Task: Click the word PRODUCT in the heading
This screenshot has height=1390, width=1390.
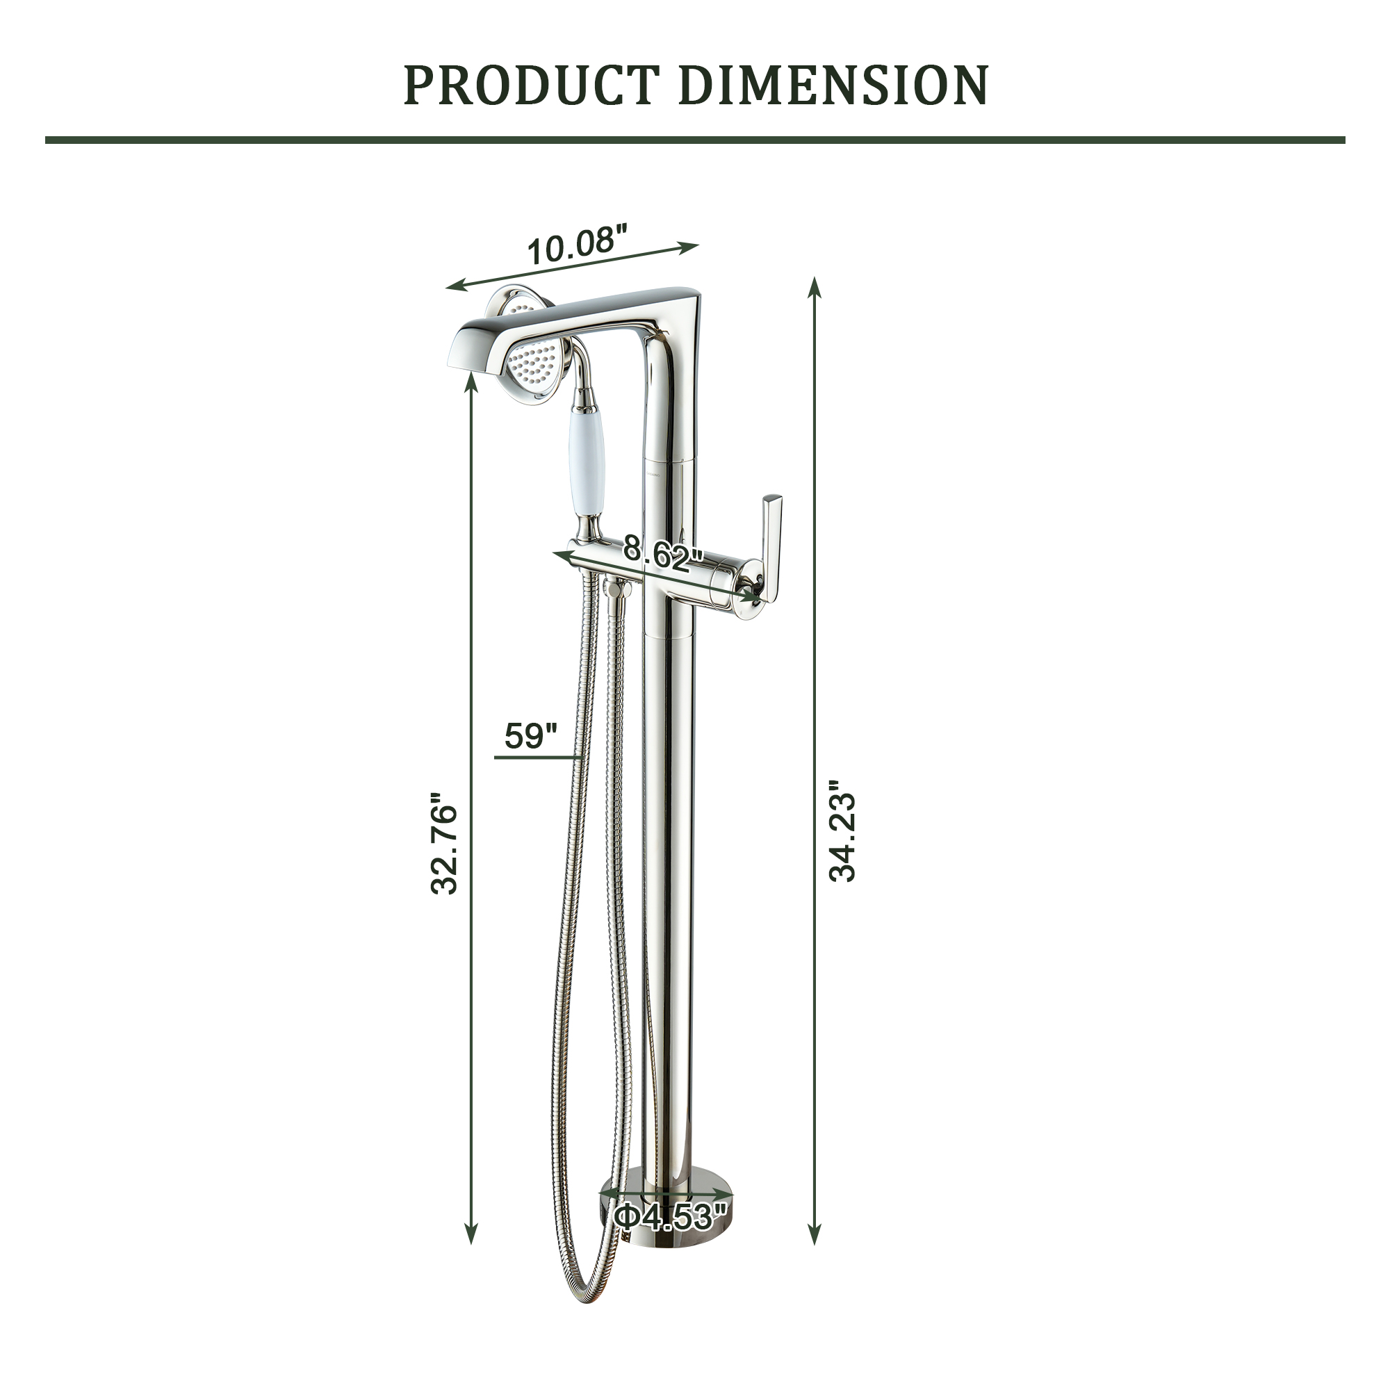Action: point(531,85)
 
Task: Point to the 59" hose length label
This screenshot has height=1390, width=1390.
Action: point(531,735)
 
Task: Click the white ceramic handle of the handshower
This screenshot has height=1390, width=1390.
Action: point(589,461)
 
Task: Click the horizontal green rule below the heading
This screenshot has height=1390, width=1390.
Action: point(695,140)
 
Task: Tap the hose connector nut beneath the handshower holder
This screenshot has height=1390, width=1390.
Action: point(617,589)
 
